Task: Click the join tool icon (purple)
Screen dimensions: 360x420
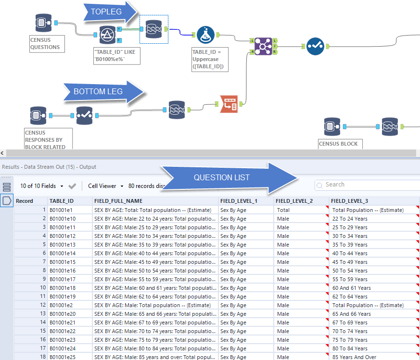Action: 263,46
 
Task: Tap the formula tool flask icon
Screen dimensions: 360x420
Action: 205,35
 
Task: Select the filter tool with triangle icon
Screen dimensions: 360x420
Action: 108,36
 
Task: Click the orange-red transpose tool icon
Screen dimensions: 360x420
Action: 229,104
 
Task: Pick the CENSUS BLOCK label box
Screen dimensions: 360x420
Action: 339,143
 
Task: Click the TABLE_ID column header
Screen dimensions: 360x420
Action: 62,201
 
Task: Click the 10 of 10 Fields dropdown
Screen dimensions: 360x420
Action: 42,186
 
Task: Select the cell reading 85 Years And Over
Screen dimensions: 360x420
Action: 354,357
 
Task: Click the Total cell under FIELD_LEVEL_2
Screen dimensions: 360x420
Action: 283,210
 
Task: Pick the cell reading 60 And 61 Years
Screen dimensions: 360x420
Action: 351,288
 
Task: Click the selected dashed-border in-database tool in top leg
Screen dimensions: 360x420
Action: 153,28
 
